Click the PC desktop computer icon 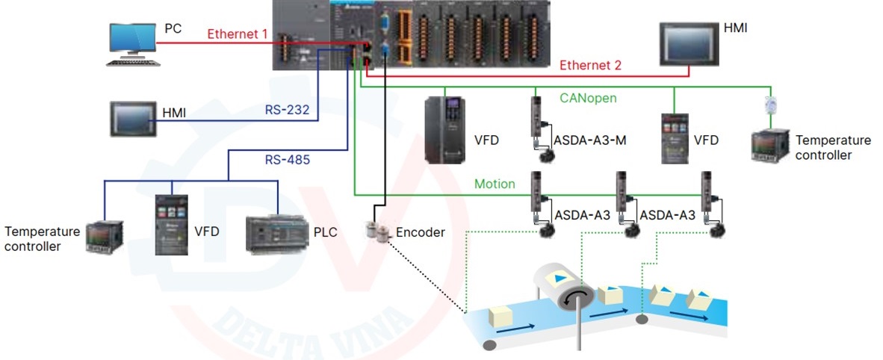coord(133,44)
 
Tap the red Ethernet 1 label coord(237,34)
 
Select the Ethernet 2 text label coord(590,65)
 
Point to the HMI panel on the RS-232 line coord(133,118)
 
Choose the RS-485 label coord(287,159)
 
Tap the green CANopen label coord(589,97)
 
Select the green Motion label coord(495,184)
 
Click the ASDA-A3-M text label coord(589,140)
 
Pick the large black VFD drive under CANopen coord(444,131)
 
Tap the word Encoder coord(420,232)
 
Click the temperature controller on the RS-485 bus coord(102,237)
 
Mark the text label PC coord(173,28)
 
